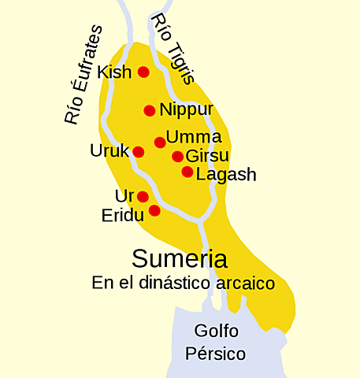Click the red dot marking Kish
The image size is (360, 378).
[143, 72]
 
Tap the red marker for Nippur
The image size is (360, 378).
[150, 110]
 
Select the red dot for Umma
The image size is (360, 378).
[160, 143]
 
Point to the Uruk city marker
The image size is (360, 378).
[139, 152]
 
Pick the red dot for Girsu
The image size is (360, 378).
[178, 157]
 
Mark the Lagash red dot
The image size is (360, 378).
[187, 172]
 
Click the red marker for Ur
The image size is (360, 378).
[143, 196]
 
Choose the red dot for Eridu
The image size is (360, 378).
[154, 210]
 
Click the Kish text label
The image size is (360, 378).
[115, 73]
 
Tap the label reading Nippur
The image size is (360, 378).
[186, 110]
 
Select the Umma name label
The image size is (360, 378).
[194, 137]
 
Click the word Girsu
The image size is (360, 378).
[207, 157]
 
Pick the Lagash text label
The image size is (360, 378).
[226, 175]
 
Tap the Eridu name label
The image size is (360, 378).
[122, 215]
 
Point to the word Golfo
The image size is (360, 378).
[216, 331]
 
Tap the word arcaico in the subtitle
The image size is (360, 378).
[243, 282]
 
